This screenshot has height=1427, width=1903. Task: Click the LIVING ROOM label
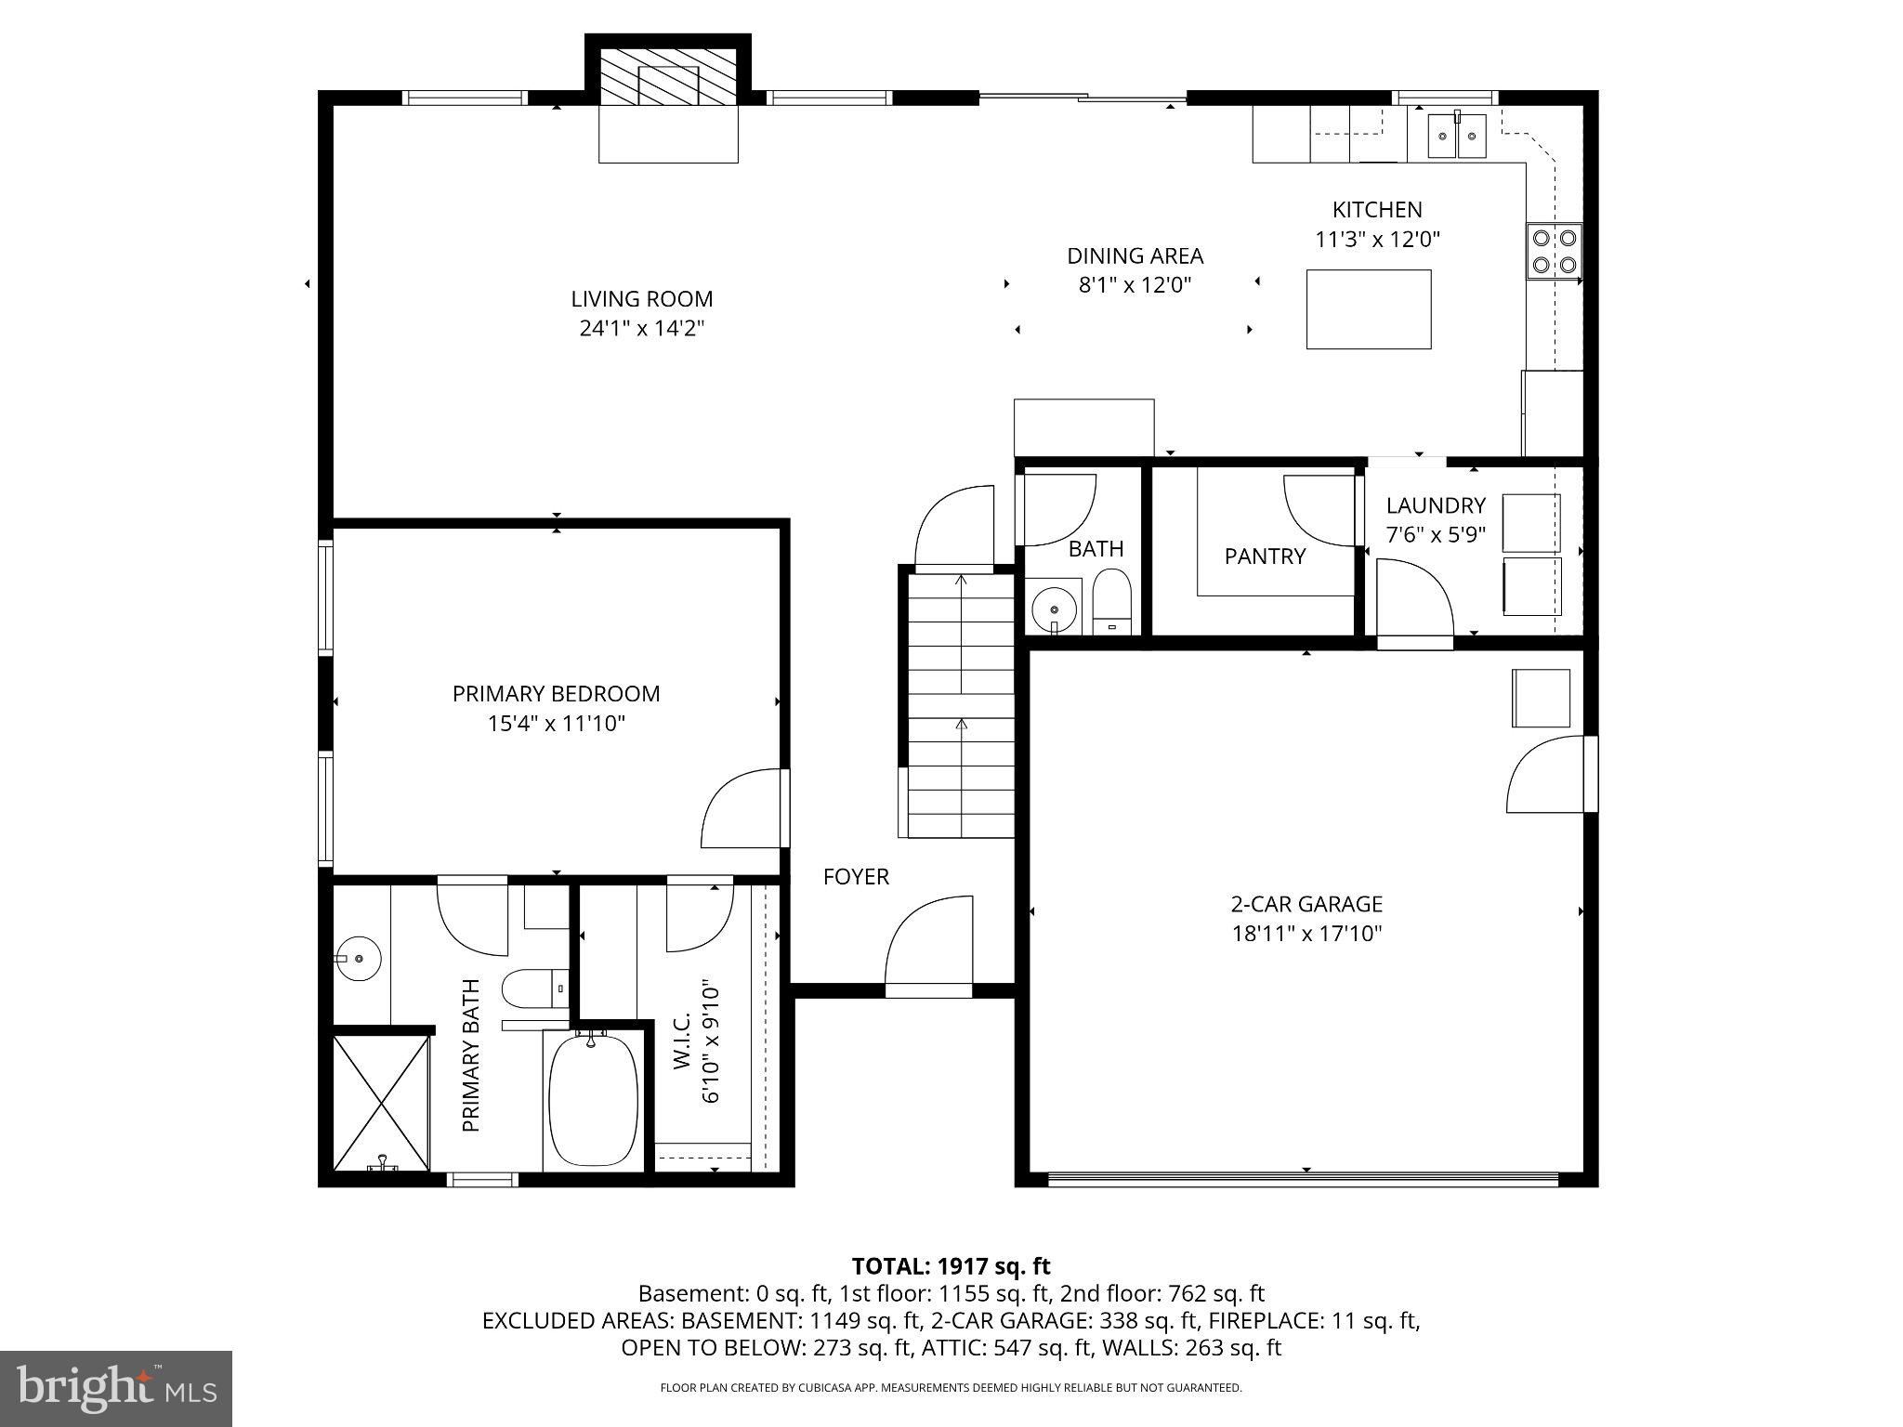click(x=641, y=299)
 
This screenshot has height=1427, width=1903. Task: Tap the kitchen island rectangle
click(x=1368, y=309)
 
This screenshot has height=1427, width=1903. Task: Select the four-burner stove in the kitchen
click(x=1555, y=251)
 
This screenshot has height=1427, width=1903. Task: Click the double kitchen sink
click(x=1456, y=135)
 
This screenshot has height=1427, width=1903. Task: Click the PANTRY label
click(x=1265, y=556)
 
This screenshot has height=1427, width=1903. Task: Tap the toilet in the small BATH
click(x=1110, y=599)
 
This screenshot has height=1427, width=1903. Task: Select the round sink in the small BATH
click(x=1055, y=609)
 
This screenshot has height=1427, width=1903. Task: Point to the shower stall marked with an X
click(x=381, y=1102)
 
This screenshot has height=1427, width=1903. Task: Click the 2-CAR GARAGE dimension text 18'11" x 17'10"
click(x=1306, y=934)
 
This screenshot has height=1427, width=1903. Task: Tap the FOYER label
click(x=856, y=877)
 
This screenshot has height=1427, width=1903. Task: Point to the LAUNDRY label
click(x=1436, y=506)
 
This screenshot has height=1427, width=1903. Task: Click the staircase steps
click(x=960, y=706)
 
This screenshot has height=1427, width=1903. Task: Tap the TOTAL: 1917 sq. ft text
click(x=951, y=1266)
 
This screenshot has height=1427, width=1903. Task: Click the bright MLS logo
click(x=116, y=1388)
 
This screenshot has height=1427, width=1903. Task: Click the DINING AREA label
click(x=1135, y=255)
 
